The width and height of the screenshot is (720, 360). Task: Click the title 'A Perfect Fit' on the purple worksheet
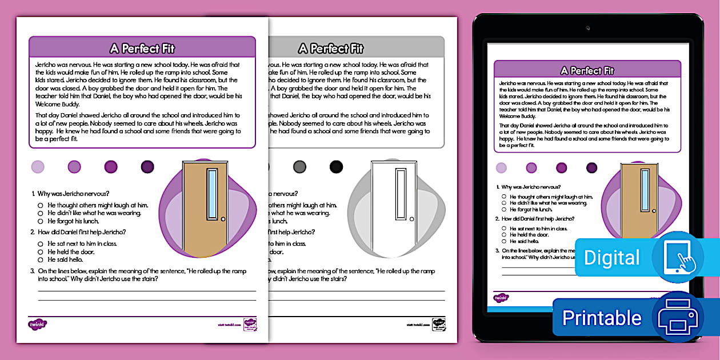coord(142,48)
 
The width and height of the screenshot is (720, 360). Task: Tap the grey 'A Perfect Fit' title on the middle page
coord(330,48)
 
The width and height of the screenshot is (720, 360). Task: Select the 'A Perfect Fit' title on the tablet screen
coord(587,70)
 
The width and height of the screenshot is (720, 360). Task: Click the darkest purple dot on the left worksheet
coord(147,167)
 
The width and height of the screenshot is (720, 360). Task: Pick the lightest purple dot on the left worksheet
coord(38,167)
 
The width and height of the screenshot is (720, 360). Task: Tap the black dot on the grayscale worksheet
coord(336,167)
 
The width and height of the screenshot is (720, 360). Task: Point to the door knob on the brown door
coord(223,219)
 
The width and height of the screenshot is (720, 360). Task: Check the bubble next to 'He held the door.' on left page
coord(41,252)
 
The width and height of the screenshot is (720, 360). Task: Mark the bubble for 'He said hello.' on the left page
coord(41,260)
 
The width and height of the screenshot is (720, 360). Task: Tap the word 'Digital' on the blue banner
coord(611,258)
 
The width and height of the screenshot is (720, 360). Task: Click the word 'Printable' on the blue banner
coord(602,318)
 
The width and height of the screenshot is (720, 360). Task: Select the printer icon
coord(678,318)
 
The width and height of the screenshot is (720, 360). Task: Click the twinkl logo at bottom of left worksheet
coord(37,324)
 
